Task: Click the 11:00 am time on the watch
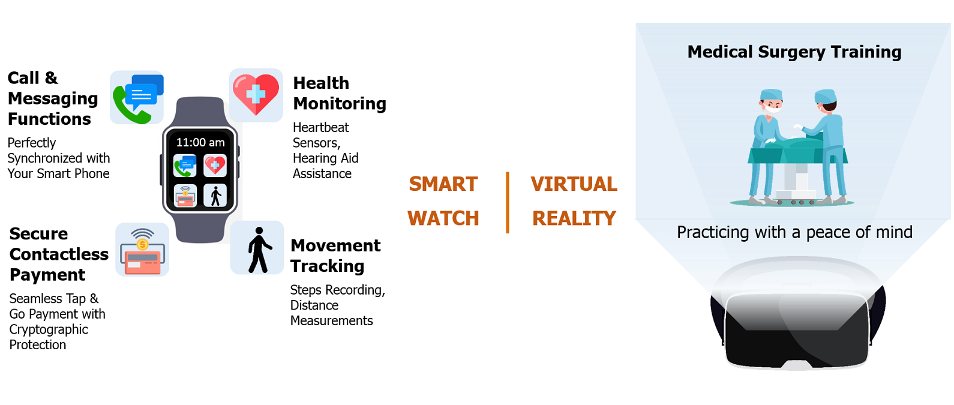pyautogui.click(x=200, y=142)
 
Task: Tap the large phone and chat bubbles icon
pyautogui.click(x=137, y=98)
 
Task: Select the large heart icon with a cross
pyautogui.click(x=256, y=95)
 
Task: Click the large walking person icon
pyautogui.click(x=257, y=248)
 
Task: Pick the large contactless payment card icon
pyautogui.click(x=142, y=250)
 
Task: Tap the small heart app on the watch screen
pyautogui.click(x=215, y=166)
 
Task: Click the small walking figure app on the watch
pyautogui.click(x=215, y=196)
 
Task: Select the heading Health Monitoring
pyautogui.click(x=340, y=93)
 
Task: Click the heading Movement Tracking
pyautogui.click(x=335, y=256)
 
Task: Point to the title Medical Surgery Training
pyautogui.click(x=794, y=52)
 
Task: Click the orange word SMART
pyautogui.click(x=443, y=184)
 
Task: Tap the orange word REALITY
pyautogui.click(x=574, y=218)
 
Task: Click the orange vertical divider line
pyautogui.click(x=507, y=203)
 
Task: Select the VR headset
pyautogui.click(x=797, y=315)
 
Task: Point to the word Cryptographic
pyautogui.click(x=49, y=329)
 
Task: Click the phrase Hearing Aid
pyautogui.click(x=325, y=158)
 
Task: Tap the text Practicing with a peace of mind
pyautogui.click(x=795, y=233)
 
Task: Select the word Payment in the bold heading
pyautogui.click(x=47, y=275)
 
